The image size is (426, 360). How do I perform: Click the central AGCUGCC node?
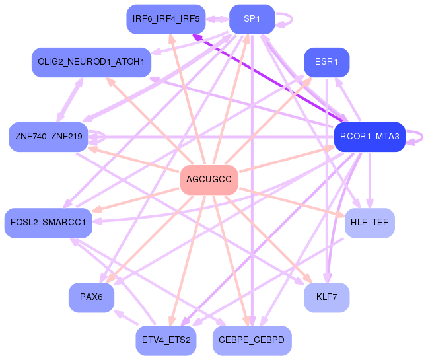point(209,180)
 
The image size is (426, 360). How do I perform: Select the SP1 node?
point(252,19)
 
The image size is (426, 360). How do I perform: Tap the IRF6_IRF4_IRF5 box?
point(166,19)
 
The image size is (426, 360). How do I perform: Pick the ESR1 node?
point(326,62)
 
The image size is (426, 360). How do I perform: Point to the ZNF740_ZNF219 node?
point(48,137)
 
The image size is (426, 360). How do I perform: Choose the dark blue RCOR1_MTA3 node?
point(369,137)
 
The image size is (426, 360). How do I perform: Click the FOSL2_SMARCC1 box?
point(48,223)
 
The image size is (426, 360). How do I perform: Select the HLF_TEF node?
point(369,223)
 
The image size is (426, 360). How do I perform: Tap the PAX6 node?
point(91,297)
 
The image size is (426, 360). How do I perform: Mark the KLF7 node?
point(326,297)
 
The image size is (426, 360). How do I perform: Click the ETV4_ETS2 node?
point(166,340)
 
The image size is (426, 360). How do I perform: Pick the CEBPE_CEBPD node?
point(252,340)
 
